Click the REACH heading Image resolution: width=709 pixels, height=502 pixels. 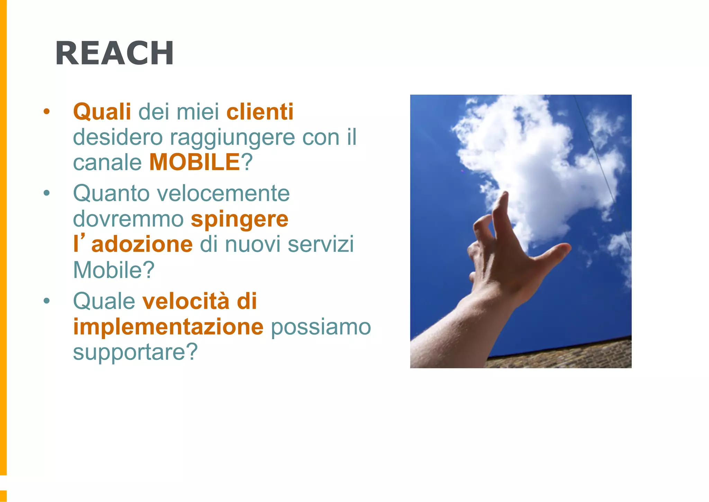(x=115, y=53)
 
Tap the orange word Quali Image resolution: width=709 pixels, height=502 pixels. (x=102, y=112)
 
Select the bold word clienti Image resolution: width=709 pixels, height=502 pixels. (x=260, y=112)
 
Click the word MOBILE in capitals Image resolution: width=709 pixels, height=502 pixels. (x=195, y=162)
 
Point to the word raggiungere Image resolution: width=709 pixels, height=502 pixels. (x=232, y=138)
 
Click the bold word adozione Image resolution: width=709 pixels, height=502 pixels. (x=142, y=244)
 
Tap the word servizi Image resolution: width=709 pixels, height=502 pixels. (x=321, y=244)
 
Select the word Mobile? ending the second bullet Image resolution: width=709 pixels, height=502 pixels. (x=114, y=270)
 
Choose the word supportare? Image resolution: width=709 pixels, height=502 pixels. (x=135, y=352)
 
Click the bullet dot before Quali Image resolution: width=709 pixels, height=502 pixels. (x=47, y=112)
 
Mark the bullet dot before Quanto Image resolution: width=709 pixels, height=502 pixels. (x=47, y=193)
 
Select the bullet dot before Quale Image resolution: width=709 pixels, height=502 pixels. (x=47, y=301)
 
